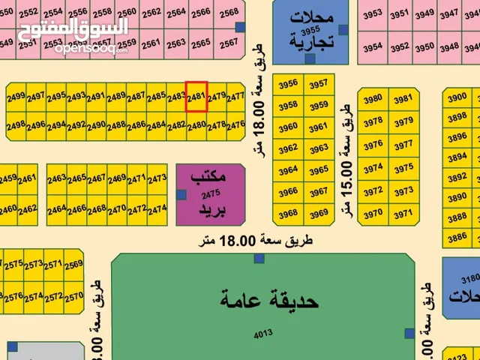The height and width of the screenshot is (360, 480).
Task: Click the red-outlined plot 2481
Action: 196,97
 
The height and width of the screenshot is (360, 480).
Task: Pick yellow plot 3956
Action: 288,84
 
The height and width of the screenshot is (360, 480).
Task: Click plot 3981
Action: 403,99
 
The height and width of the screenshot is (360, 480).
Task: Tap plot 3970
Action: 373,214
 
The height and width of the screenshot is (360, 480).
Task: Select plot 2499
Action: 16,97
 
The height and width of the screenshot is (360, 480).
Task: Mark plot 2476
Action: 235,124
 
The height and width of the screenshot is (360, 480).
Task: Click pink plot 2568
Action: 229,12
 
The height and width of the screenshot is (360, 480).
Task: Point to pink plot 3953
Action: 373,13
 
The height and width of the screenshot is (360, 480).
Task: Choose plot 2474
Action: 157,210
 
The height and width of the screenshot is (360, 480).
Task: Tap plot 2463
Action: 57,179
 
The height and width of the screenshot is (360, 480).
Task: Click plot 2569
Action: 73,264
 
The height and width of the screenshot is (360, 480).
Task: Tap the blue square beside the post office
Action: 181,194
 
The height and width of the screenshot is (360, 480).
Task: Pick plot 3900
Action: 456,97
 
